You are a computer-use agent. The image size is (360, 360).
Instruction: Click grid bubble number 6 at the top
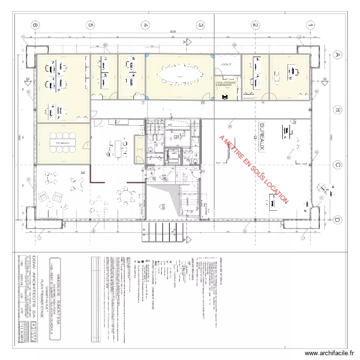35,25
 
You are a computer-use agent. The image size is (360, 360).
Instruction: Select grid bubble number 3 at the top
201,25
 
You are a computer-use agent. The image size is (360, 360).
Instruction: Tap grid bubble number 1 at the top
311,25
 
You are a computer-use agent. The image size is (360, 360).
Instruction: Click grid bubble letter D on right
337,220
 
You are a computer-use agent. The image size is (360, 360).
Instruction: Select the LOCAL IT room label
226,64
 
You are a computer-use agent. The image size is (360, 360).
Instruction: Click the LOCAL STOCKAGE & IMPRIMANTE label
227,84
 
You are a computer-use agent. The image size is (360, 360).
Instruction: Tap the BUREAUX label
262,137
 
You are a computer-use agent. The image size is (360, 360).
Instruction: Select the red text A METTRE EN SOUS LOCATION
253,169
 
